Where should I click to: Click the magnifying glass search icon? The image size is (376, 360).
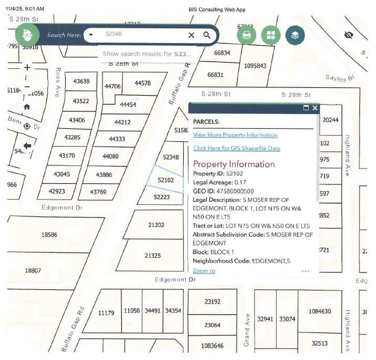click(207, 35)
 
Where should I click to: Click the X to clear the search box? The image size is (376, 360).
click(191, 35)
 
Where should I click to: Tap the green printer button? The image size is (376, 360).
click(247, 35)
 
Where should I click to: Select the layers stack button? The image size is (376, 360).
click(295, 35)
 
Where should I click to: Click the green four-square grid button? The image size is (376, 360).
click(271, 35)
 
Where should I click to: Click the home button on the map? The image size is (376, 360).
click(27, 107)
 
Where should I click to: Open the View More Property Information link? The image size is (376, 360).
click(235, 135)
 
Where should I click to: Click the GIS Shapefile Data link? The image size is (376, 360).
click(236, 148)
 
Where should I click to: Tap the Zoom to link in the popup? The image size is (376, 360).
click(204, 271)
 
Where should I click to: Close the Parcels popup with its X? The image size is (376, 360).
click(315, 108)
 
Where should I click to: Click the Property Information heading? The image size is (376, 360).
click(234, 164)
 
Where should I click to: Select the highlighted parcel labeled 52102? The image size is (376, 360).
click(165, 180)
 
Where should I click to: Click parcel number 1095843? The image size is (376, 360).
click(255, 66)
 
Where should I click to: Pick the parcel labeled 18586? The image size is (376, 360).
click(50, 235)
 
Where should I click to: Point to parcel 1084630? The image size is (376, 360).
click(320, 312)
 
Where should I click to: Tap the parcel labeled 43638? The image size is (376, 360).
click(81, 81)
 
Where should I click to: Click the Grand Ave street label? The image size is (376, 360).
click(247, 325)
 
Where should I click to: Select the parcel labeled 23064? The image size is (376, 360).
click(212, 325)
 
